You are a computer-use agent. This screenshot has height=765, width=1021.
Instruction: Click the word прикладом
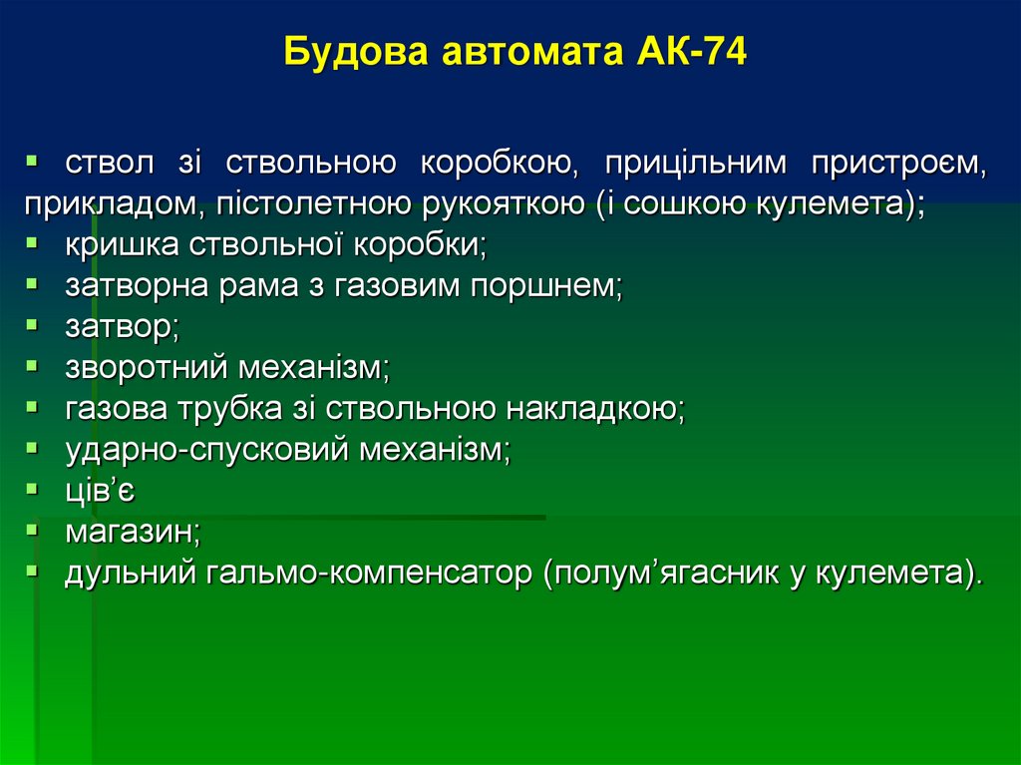111,204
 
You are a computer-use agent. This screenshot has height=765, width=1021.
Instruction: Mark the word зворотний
148,368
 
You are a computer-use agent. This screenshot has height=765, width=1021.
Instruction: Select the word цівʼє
101,491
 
